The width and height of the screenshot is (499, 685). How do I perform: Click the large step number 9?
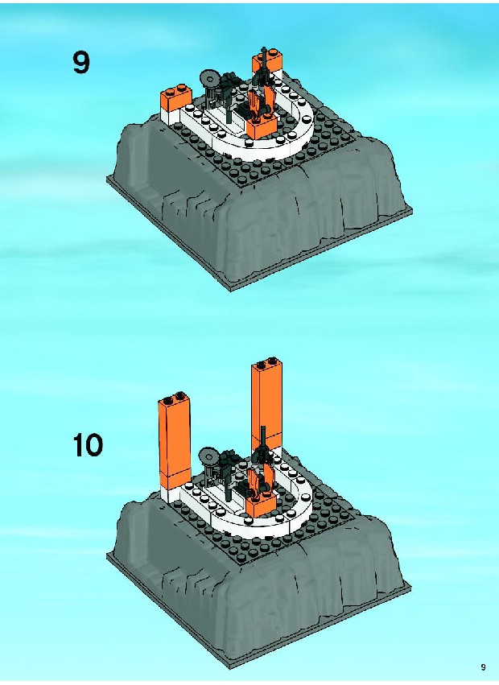coord(81,62)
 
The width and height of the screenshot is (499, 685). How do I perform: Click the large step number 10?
coord(88,445)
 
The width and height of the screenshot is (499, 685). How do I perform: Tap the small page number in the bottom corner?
coord(483,666)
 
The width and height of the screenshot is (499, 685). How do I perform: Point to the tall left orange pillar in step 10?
coord(175,440)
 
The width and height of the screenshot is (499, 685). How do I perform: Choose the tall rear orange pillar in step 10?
coord(266,404)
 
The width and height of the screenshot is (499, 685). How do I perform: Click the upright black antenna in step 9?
coord(264,65)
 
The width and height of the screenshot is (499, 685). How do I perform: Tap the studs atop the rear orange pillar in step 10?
coord(266,362)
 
